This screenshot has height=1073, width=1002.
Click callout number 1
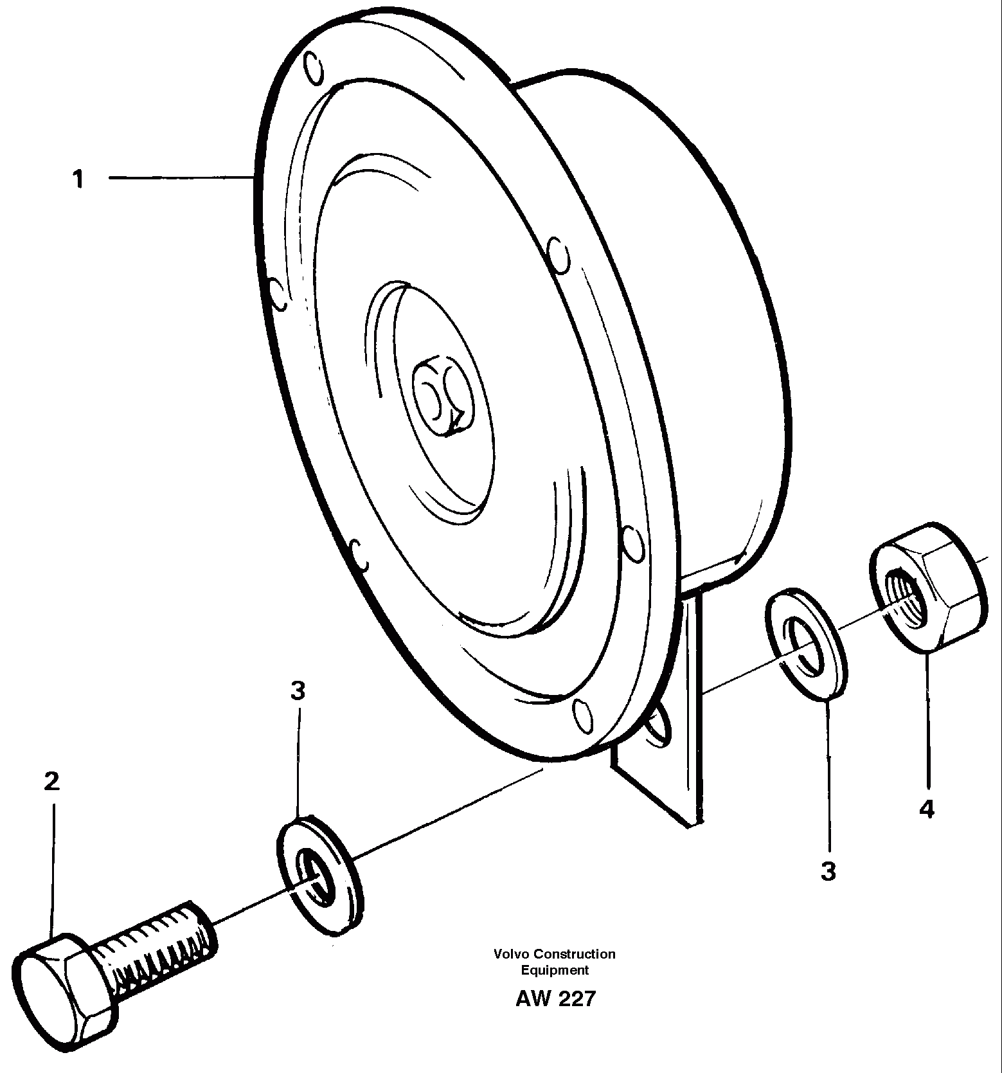(78, 179)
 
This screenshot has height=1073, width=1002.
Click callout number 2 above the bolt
(51, 781)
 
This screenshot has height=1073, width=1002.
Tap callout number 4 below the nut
(926, 809)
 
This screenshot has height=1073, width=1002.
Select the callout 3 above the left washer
(297, 692)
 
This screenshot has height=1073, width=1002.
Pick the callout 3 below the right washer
(828, 872)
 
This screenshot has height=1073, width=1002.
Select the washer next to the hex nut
(805, 642)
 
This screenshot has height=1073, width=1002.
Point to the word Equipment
(555, 970)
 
